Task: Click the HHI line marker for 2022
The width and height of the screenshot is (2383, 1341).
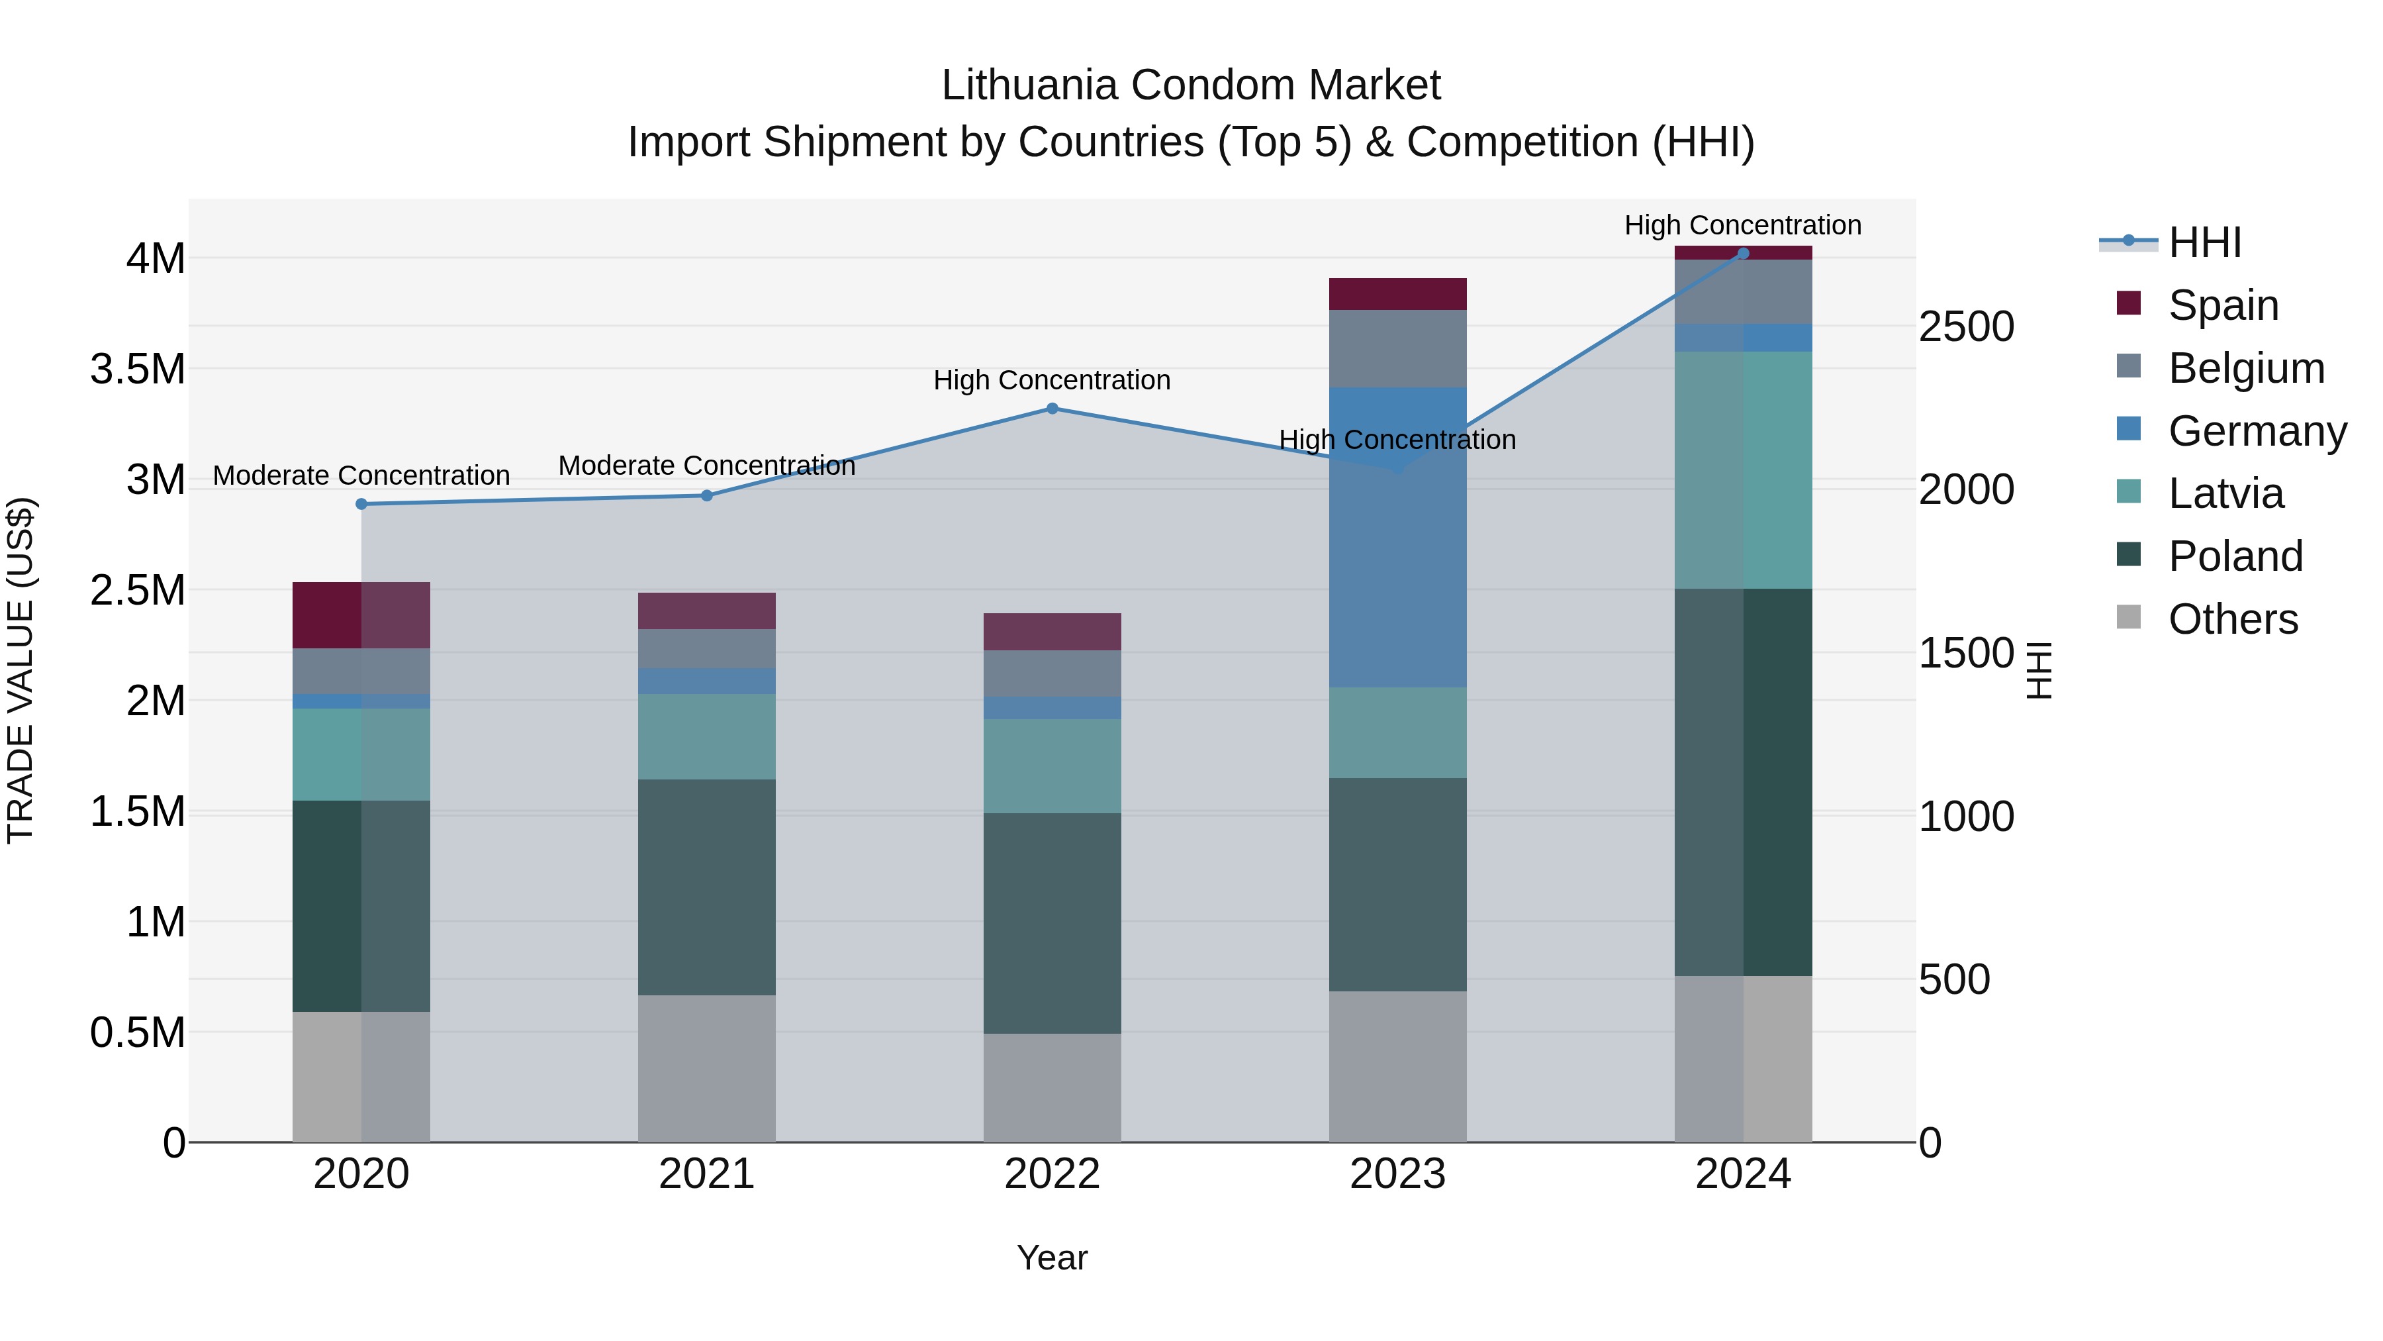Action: [x=1052, y=408]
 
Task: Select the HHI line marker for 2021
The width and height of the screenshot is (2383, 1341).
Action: [x=707, y=496]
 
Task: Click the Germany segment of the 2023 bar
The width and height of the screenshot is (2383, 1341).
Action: [x=1398, y=537]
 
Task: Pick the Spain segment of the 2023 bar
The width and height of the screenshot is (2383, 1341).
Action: [x=1398, y=294]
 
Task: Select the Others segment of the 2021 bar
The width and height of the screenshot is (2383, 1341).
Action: [x=707, y=1068]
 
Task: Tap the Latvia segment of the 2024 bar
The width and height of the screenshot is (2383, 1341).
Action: [x=1743, y=470]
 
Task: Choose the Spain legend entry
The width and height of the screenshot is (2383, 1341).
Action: [x=2222, y=305]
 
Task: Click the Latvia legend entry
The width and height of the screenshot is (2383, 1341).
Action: [x=2225, y=493]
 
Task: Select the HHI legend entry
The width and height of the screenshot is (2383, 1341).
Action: [x=2204, y=242]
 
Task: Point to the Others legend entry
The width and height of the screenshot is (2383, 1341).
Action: [x=2231, y=619]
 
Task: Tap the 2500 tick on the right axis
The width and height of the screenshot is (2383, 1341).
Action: [x=1966, y=326]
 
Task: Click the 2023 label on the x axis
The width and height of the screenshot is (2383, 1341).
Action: [x=1398, y=1174]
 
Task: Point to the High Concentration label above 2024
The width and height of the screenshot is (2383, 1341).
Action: [x=1743, y=225]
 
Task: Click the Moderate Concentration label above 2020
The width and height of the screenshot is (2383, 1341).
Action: [x=361, y=475]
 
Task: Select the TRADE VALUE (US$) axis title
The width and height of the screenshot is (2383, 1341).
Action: [x=21, y=670]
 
